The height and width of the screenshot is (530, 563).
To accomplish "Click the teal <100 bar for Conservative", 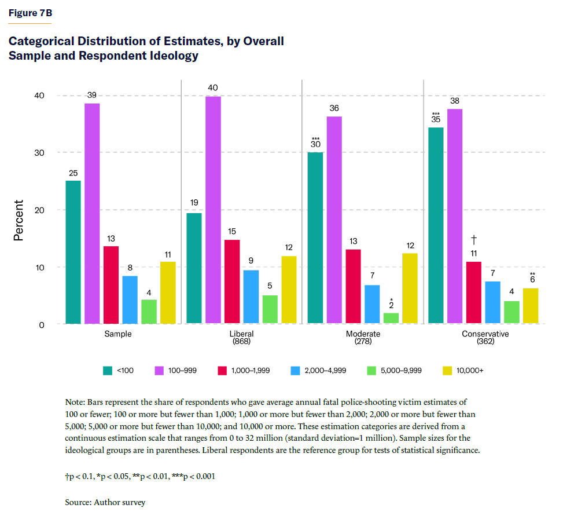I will [x=436, y=225].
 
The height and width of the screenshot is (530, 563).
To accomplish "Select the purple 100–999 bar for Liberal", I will [x=213, y=210].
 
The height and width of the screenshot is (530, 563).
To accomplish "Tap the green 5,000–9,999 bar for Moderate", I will [x=391, y=318].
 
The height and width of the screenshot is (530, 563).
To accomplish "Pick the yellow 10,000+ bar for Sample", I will [x=168, y=293].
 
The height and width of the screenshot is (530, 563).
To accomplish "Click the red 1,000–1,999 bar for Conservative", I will [x=473, y=292].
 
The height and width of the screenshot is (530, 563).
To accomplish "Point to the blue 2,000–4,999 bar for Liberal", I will [x=251, y=297].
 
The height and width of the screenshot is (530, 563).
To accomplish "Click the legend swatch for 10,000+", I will [x=446, y=370].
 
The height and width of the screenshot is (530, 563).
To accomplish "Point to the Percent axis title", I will [x=20, y=220].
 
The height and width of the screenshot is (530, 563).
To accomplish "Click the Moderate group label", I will [x=363, y=334].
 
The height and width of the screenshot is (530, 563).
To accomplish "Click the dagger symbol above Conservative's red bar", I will [x=474, y=239].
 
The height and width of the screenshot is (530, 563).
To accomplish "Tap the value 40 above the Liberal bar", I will [x=213, y=87].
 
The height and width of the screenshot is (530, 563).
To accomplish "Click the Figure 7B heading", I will [x=30, y=12].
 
